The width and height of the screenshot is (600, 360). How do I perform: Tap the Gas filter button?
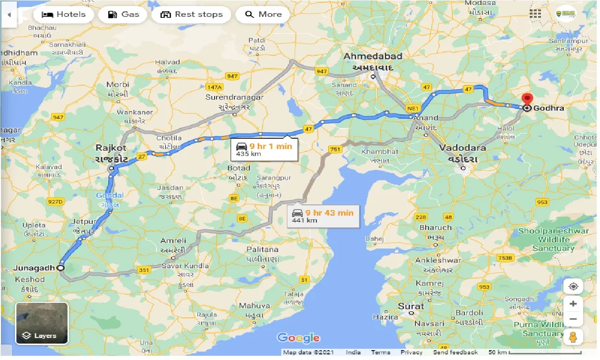[123, 15]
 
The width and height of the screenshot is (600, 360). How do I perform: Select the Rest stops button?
[191, 15]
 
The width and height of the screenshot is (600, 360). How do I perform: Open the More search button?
[263, 15]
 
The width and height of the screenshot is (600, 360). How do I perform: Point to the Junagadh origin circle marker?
[60, 268]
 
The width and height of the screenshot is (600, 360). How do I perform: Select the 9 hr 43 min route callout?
[323, 216]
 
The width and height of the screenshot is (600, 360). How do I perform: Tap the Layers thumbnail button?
[42, 323]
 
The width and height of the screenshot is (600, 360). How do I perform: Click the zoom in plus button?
[573, 303]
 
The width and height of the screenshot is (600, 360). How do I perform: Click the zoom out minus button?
[573, 320]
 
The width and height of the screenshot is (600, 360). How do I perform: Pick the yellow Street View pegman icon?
[573, 337]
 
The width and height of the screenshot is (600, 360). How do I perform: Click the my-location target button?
[573, 286]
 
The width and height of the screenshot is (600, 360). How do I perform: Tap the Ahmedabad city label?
[373, 57]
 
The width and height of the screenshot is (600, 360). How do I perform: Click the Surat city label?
[411, 306]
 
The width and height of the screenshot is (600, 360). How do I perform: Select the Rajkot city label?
[112, 148]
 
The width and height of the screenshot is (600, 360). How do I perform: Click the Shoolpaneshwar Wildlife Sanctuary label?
[553, 240]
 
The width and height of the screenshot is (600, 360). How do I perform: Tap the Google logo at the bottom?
[298, 337]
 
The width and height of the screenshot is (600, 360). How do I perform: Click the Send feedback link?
[455, 352]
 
